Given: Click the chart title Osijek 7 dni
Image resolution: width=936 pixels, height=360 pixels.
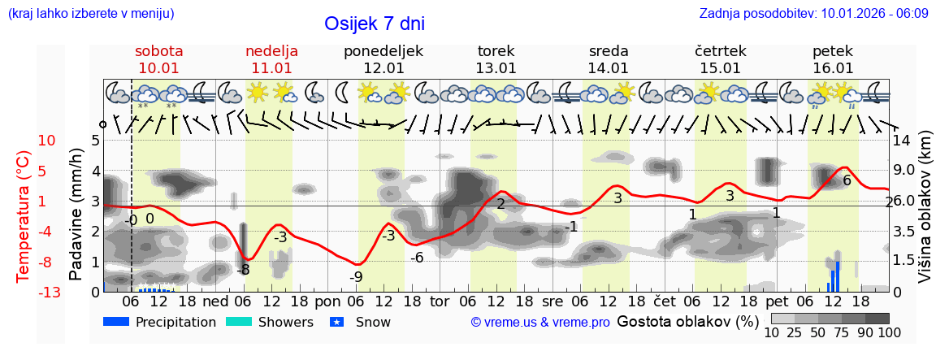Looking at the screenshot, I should [x=374, y=24].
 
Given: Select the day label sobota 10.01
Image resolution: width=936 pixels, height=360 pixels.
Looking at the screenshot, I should [x=158, y=59].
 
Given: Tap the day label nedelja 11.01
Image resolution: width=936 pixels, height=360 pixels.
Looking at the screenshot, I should [x=271, y=59].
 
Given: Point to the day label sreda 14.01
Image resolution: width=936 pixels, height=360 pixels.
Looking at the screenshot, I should [x=609, y=59].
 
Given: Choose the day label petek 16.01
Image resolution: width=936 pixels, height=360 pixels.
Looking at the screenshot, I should [x=833, y=59].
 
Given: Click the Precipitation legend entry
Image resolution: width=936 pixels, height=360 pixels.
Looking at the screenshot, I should [x=160, y=322].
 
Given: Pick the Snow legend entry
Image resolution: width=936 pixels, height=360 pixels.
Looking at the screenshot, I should [x=362, y=322].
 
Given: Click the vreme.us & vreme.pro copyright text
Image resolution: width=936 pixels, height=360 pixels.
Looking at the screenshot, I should [x=540, y=323].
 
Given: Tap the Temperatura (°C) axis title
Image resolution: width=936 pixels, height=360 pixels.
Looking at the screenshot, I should [x=24, y=216].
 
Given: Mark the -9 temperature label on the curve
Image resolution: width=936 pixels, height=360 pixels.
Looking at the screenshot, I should [x=356, y=276].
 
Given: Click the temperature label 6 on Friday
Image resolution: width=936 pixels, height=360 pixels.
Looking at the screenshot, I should [x=847, y=180].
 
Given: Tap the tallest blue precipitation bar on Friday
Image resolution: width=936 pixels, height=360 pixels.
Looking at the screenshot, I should [x=838, y=275].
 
